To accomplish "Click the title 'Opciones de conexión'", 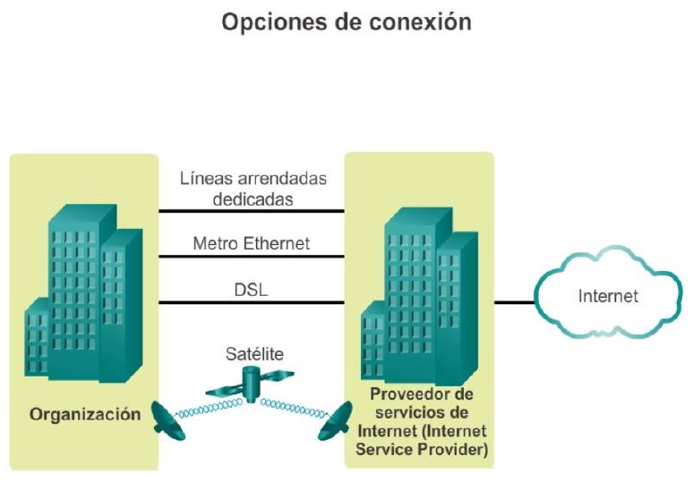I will pyautogui.click(x=346, y=22).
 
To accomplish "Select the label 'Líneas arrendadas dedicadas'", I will pyautogui.click(x=252, y=189).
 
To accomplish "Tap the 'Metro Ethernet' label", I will pyautogui.click(x=252, y=242).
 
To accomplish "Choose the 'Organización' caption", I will pyautogui.click(x=85, y=414).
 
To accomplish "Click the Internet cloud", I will pyautogui.click(x=607, y=296).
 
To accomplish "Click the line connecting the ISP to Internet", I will pyautogui.click(x=513, y=302).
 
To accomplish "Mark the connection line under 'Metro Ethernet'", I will pyautogui.click(x=252, y=257).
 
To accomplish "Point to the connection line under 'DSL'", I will pyautogui.click(x=252, y=303).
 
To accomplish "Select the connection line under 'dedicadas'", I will pyautogui.click(x=252, y=212).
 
